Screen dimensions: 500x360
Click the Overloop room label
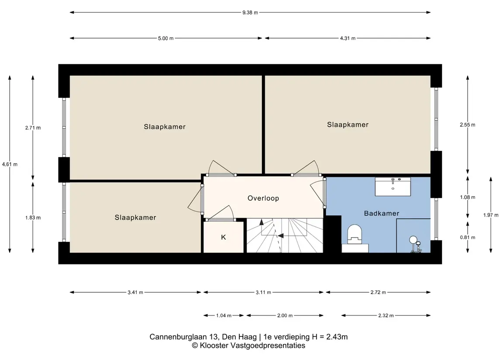click(263, 198)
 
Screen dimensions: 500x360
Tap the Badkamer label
click(381, 213)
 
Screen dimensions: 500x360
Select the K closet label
click(224, 237)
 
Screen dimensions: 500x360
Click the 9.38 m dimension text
click(250, 12)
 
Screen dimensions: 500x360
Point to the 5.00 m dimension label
click(166, 38)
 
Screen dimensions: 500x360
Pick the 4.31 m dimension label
click(348, 38)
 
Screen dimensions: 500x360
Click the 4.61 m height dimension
click(10, 165)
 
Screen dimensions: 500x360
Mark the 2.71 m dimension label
click(33, 128)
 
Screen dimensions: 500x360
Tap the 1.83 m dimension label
click(33, 218)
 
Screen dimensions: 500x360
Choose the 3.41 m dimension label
click(135, 292)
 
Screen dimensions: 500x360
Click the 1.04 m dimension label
click(224, 315)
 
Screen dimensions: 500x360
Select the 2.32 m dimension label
click(386, 315)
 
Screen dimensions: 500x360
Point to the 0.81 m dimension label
click(468, 237)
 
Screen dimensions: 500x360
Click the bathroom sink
click(393, 187)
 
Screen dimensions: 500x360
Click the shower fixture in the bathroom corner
click(415, 244)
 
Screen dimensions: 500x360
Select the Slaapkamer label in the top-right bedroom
click(348, 124)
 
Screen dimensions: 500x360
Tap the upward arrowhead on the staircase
click(262, 222)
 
